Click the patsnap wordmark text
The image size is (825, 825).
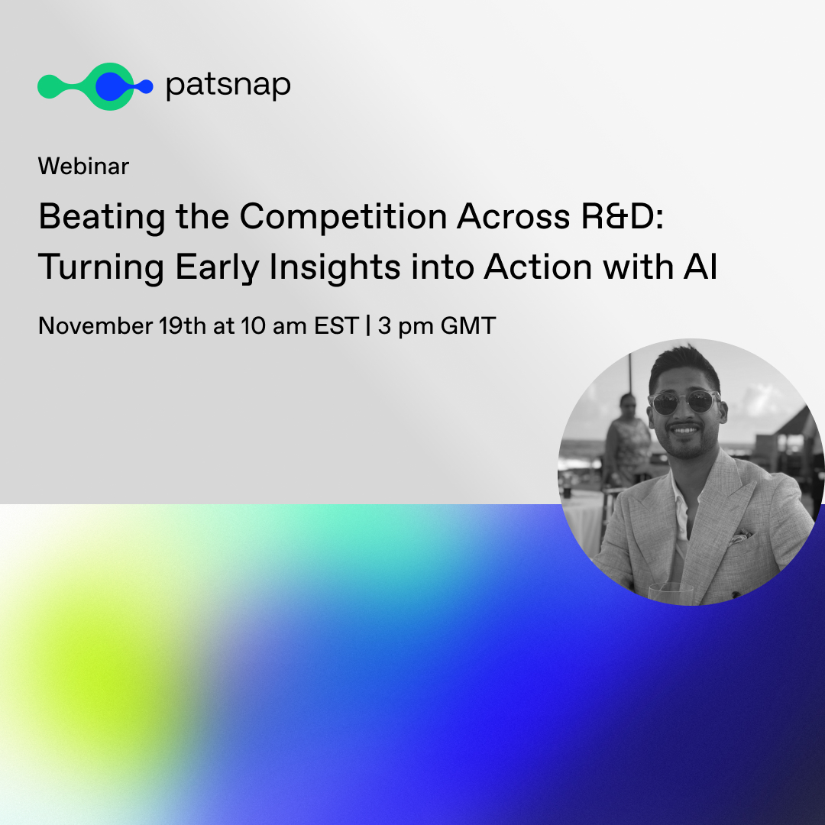pyautogui.click(x=228, y=86)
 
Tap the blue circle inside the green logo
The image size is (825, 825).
pyautogui.click(x=111, y=86)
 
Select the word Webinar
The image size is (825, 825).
pyautogui.click(x=84, y=167)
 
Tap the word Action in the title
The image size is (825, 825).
pyautogui.click(x=538, y=267)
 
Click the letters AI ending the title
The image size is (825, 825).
pyautogui.click(x=700, y=267)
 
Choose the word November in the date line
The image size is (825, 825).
pyautogui.click(x=95, y=325)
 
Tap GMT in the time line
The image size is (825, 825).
pyautogui.click(x=468, y=325)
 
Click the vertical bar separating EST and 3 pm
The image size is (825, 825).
pyautogui.click(x=367, y=325)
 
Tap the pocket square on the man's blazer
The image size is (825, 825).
pyautogui.click(x=741, y=537)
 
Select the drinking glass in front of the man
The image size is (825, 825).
pyautogui.click(x=671, y=594)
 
